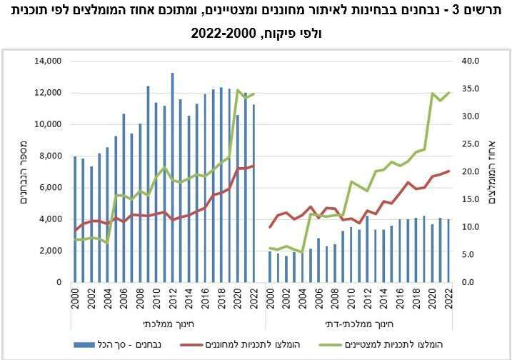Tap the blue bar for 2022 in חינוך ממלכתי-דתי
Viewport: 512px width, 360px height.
tap(449, 251)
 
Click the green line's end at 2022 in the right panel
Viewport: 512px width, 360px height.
tap(449, 92)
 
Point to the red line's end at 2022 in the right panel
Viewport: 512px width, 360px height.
tap(449, 171)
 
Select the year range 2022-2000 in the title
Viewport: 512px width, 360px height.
tap(221, 34)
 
